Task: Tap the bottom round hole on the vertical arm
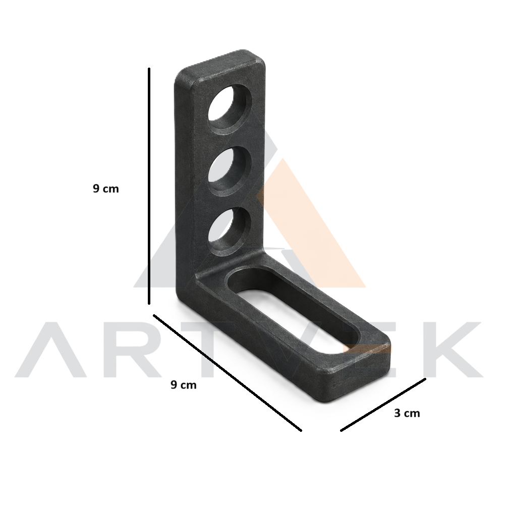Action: point(230,232)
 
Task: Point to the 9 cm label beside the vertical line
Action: point(106,189)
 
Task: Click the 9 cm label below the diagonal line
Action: point(183,384)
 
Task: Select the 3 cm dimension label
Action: point(407,413)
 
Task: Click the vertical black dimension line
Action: point(149,186)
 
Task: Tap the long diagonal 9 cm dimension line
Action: point(227,372)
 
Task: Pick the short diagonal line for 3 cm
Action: point(383,405)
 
